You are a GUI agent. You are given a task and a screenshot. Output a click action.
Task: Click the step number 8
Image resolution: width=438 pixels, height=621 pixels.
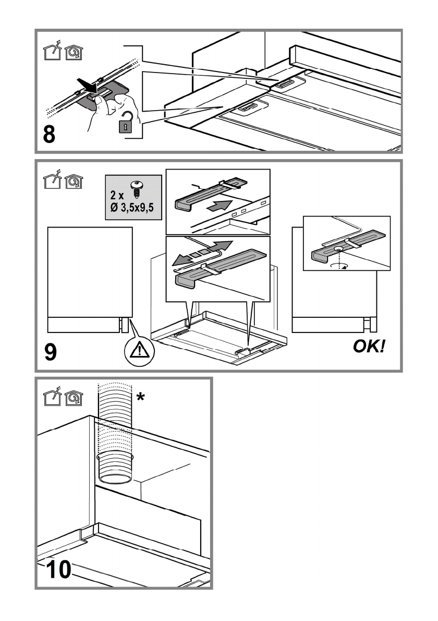49,135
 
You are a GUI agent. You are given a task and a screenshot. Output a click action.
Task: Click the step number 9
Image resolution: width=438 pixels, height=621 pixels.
50,352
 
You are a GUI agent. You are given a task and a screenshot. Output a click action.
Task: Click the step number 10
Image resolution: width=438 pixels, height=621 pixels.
58,569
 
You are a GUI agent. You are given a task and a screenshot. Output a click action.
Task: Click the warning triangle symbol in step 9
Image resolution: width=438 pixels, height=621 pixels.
139,351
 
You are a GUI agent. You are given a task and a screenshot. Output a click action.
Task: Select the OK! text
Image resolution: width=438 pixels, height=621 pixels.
369,347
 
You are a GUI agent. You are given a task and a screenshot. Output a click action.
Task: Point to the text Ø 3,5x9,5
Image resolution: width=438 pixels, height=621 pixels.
132,207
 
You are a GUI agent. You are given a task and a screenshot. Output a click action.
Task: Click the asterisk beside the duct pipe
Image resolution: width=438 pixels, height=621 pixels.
140,396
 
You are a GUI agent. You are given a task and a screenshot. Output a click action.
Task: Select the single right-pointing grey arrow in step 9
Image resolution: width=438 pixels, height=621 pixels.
219,206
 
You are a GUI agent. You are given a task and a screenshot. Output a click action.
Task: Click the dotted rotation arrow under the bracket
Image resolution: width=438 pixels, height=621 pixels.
337,266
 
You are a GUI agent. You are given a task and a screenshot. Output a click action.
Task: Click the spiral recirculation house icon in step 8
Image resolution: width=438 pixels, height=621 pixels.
74,52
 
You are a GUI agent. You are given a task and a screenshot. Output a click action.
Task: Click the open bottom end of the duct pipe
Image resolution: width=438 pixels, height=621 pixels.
115,479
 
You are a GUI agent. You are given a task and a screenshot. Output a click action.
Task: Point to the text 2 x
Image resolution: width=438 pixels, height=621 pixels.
117,195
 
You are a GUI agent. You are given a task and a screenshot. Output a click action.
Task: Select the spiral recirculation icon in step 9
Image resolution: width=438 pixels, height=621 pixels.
74,182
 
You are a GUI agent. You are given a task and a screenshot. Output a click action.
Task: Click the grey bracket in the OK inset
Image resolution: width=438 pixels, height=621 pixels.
348,246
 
